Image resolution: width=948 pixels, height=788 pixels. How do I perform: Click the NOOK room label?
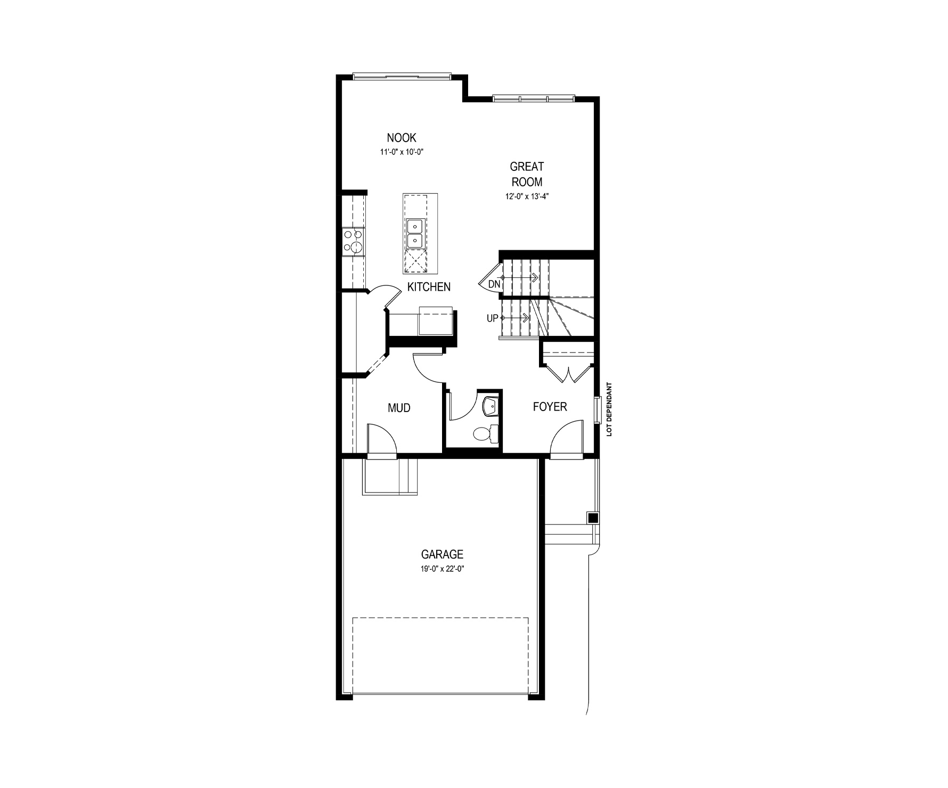[402, 137]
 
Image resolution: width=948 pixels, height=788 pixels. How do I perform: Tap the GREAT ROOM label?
[527, 174]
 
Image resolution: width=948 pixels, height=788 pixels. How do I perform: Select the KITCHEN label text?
[429, 287]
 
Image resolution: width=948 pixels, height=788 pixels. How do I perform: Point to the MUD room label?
[399, 408]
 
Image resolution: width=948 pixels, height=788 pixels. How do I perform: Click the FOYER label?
[550, 407]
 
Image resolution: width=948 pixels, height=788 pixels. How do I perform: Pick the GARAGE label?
[442, 555]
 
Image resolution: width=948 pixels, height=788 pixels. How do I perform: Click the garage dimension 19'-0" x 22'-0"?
[442, 569]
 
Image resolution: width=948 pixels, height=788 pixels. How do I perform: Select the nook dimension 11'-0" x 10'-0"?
[402, 152]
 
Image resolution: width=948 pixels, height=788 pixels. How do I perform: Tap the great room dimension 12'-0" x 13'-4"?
[527, 196]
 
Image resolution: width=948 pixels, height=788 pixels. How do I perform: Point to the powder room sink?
[491, 406]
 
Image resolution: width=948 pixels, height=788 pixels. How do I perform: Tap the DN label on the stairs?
[494, 284]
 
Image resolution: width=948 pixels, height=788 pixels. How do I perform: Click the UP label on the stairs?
[492, 318]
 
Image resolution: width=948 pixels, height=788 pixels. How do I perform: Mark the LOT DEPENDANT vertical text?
[610, 409]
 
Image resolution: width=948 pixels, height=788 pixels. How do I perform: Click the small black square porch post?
[592, 518]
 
